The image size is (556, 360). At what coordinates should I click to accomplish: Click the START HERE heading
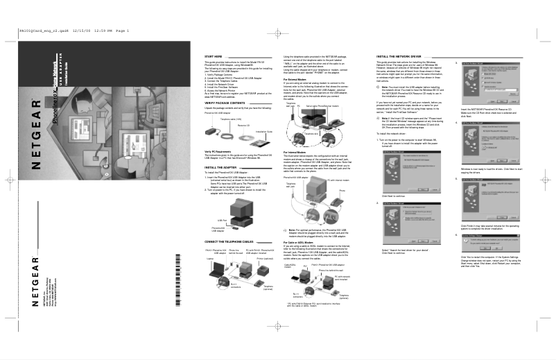tap(213, 56)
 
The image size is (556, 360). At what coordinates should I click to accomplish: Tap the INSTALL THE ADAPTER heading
tap(221, 167)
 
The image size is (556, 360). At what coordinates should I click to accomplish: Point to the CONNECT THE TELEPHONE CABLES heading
tap(231, 240)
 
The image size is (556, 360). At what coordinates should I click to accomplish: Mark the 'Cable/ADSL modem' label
tap(289, 266)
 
